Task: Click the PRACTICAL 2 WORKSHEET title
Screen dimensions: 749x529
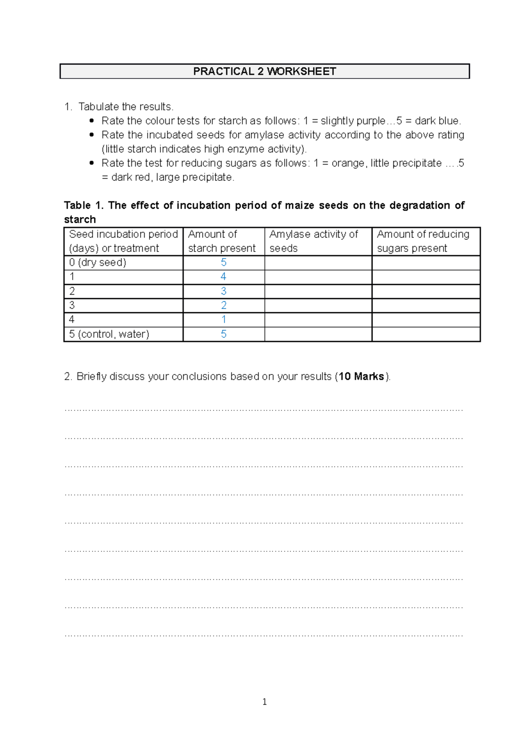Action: [x=264, y=71]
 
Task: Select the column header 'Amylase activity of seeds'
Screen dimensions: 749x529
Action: [x=313, y=241]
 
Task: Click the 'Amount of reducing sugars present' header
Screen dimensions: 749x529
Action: [x=423, y=241]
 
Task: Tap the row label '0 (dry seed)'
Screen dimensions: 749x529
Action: [x=97, y=262]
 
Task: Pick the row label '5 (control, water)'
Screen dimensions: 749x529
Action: [x=109, y=334]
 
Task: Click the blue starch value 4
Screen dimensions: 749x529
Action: [x=224, y=277]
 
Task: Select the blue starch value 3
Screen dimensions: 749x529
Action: [x=224, y=291]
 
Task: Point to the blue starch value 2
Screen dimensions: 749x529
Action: [x=224, y=305]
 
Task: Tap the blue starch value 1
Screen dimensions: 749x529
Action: [x=224, y=319]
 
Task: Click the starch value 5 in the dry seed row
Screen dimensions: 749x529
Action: [x=224, y=262]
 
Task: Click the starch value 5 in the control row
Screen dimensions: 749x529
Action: [x=224, y=334]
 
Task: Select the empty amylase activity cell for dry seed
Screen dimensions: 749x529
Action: [x=318, y=263]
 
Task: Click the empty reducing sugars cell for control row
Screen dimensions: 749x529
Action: [x=425, y=334]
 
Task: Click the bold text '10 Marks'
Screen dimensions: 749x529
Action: [x=361, y=377]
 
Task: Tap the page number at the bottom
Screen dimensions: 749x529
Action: [x=264, y=702]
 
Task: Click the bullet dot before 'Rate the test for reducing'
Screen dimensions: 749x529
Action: [x=92, y=163]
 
